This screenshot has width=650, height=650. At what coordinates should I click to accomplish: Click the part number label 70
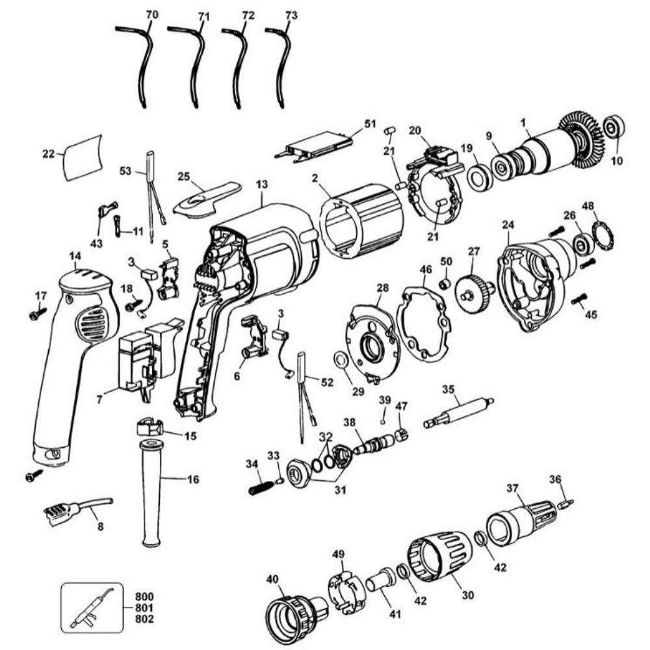coord(151,14)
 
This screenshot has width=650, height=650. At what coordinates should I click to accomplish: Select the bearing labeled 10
coord(613,128)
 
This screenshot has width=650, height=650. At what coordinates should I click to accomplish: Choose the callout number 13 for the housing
coord(262,185)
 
